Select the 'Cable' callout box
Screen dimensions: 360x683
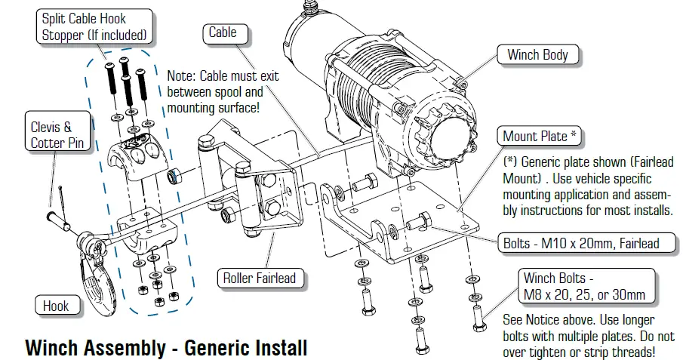tap(223, 32)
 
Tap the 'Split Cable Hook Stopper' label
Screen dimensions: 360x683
tap(94, 26)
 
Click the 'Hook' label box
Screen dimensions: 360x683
tap(56, 305)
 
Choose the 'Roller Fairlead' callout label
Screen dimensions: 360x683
tap(258, 278)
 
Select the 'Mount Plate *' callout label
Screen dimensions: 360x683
tap(541, 137)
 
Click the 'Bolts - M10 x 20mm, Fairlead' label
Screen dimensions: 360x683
tap(581, 243)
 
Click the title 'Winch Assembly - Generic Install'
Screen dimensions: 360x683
tap(166, 348)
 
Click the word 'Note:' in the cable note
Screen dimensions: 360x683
tap(180, 77)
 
